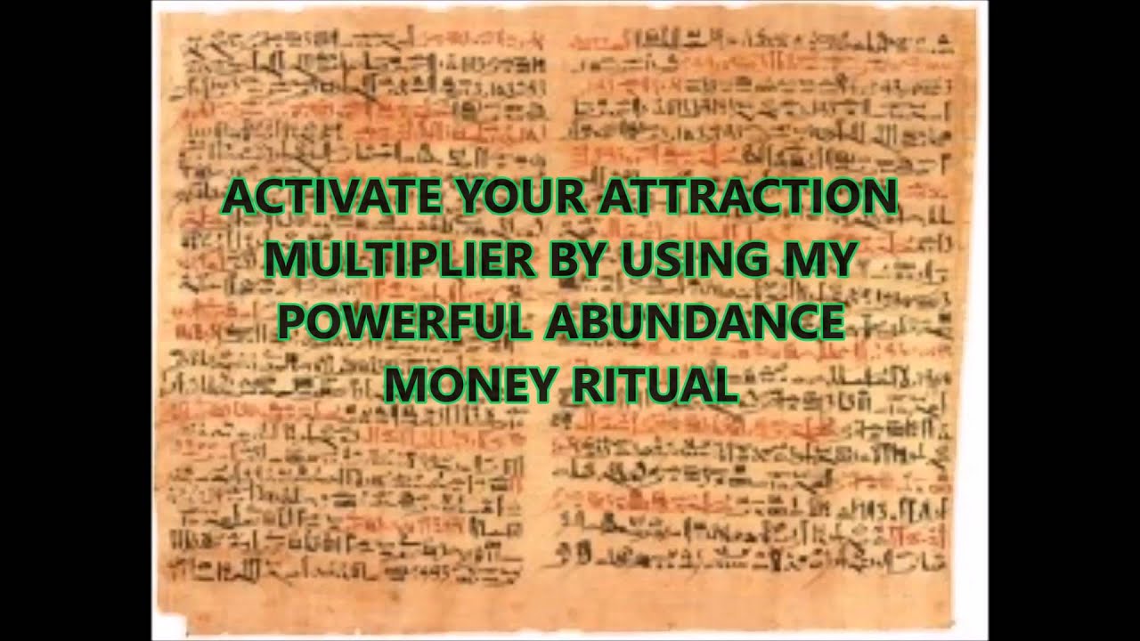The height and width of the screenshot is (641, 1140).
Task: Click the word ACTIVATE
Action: click(x=332, y=197)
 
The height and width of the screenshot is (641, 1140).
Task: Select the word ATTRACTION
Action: click(x=748, y=197)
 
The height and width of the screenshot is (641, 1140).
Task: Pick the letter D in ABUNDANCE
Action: click(x=717, y=322)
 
